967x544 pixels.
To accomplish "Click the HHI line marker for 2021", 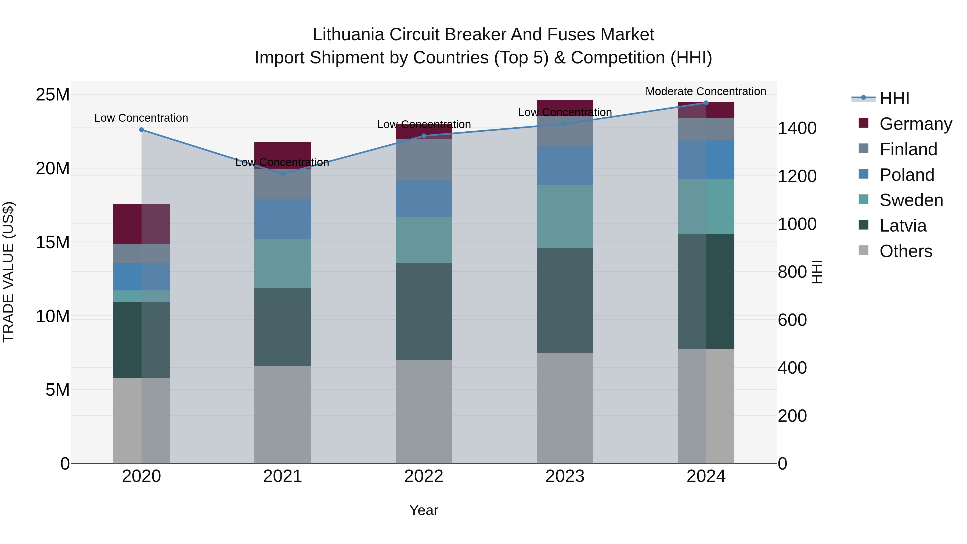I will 283,174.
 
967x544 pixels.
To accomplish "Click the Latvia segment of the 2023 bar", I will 565,300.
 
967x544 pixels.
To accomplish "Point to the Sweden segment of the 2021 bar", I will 283,263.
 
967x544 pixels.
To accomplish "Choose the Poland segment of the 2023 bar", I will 565,165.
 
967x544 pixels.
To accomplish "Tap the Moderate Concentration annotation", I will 705,91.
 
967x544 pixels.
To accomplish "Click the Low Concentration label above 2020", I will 141,118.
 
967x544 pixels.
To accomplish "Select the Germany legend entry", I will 915,124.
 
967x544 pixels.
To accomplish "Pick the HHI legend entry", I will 894,98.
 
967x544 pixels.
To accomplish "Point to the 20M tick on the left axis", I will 53,168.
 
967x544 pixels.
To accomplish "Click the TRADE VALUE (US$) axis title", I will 8,272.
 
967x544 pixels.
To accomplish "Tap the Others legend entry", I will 905,251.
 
